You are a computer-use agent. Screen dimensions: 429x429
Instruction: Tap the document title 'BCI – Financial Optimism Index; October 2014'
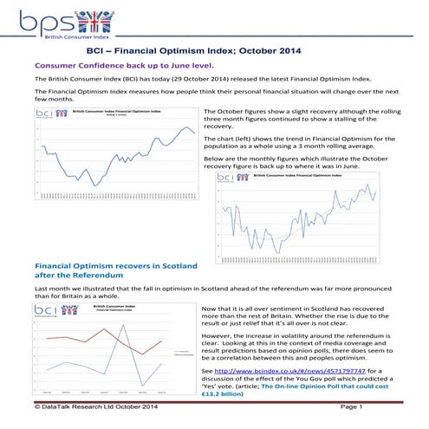point(214,51)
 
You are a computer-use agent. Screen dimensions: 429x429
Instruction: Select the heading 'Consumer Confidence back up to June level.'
point(122,65)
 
